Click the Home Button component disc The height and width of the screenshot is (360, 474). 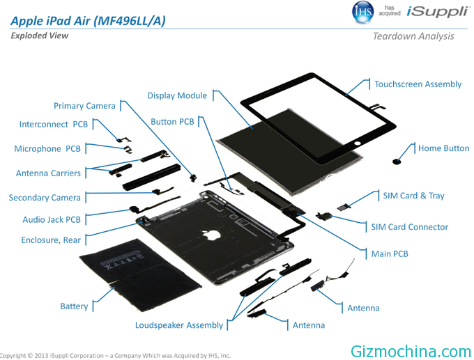click(396, 162)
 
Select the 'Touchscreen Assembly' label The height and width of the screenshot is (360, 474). click(418, 84)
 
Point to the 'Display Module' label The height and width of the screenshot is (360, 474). click(177, 95)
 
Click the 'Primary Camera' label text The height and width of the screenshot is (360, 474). click(84, 106)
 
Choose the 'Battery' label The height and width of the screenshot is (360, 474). click(74, 306)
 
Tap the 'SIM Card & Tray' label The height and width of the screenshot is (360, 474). click(413, 196)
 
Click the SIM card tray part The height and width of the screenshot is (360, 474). click(344, 208)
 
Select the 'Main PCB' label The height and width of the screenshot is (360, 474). click(390, 253)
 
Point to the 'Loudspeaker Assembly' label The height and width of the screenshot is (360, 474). click(179, 325)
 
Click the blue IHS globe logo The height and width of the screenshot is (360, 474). click(362, 12)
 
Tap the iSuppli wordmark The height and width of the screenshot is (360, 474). click(438, 11)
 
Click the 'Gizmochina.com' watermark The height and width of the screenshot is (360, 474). click(411, 352)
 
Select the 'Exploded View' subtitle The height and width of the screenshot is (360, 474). click(40, 36)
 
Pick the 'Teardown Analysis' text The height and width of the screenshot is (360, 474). click(413, 36)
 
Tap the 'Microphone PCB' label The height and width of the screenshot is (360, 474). click(47, 149)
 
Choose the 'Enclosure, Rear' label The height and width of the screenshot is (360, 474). click(51, 240)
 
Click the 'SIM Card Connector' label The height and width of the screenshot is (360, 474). click(410, 227)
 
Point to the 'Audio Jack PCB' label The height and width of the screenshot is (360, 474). click(52, 219)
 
